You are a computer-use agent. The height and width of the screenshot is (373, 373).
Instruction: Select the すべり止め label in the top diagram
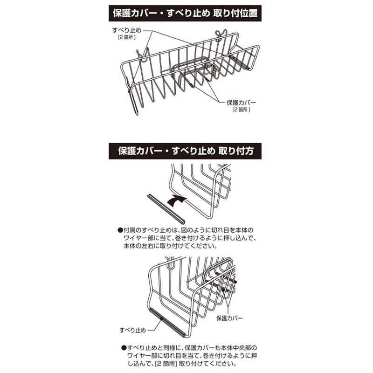[x=127, y=30]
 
